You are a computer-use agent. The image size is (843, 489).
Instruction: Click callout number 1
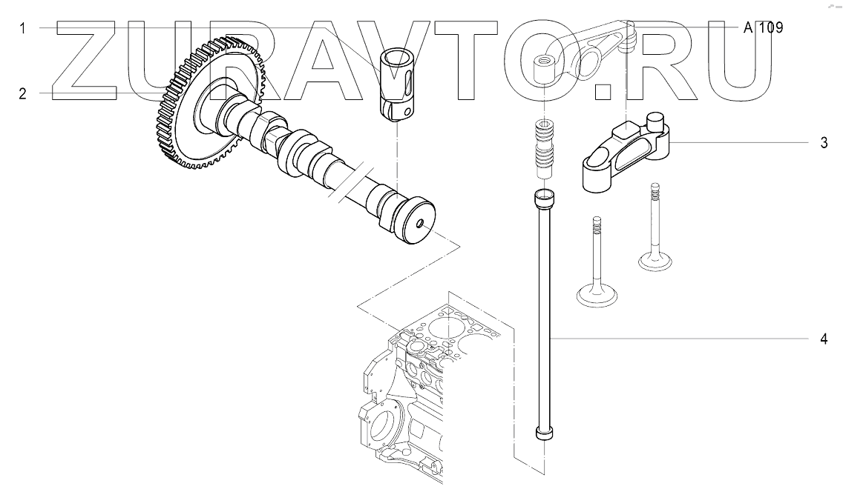point(23,29)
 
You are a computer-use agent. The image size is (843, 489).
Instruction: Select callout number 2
point(23,93)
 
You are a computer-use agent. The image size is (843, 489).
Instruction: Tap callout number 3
point(824,143)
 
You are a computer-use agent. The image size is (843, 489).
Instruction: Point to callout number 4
point(824,339)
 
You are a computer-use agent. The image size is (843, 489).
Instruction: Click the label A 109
point(764,28)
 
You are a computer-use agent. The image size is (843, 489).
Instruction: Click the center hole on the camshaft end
point(420,224)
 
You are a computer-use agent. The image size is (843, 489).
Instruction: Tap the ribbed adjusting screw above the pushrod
point(544,148)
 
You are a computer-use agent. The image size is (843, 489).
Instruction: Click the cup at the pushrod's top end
point(544,198)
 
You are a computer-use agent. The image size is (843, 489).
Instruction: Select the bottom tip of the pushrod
point(544,435)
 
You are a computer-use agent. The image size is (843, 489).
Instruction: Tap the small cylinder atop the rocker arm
point(655,120)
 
